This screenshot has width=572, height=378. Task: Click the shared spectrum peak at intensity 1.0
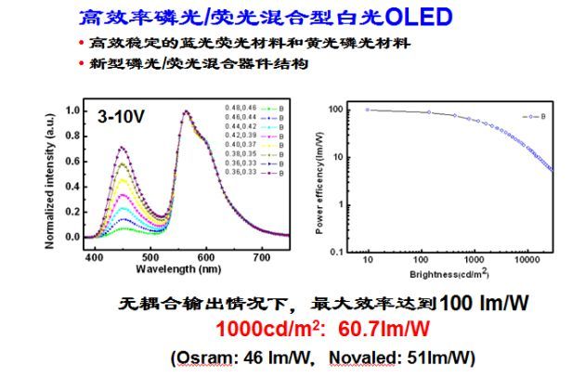point(187,111)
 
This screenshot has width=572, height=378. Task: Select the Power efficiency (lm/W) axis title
point(320,177)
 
